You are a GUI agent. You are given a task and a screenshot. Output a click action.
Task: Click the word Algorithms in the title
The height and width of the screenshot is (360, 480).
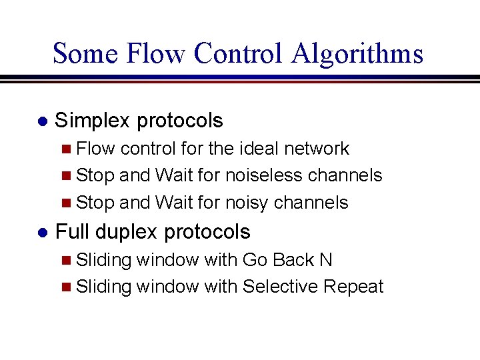tap(357, 53)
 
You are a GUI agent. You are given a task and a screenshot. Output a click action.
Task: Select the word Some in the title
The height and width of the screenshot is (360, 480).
tap(83, 53)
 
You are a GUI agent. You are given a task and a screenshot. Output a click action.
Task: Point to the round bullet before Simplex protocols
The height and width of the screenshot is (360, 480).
tap(41, 122)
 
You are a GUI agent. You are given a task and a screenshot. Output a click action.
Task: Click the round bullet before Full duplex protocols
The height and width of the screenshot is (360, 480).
tap(41, 233)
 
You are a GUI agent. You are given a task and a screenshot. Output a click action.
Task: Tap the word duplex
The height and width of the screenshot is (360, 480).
tap(127, 232)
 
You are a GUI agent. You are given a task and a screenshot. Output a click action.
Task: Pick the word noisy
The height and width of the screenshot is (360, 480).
tap(247, 203)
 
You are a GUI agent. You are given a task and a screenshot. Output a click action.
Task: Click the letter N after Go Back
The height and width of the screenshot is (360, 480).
tap(326, 259)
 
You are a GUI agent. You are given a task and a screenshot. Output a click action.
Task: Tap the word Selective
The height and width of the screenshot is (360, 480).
tap(280, 287)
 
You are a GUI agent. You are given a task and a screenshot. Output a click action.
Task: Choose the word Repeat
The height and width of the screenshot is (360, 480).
tap(353, 287)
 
